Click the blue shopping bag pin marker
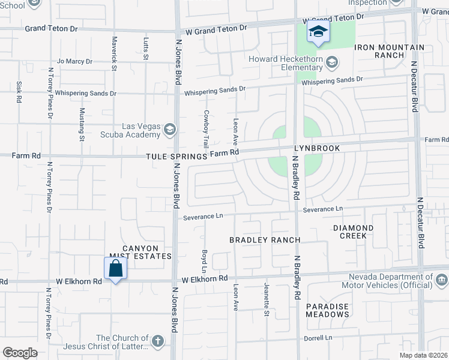[115, 268]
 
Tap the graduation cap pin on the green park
[318, 32]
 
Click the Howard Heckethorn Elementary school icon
[332, 62]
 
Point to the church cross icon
[157, 342]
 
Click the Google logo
[20, 353]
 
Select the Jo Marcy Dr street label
[74, 61]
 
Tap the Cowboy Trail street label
[206, 129]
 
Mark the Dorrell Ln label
[319, 338]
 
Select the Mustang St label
[82, 124]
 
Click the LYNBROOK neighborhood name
[317, 148]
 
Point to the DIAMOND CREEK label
[354, 232]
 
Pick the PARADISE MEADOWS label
[327, 310]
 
